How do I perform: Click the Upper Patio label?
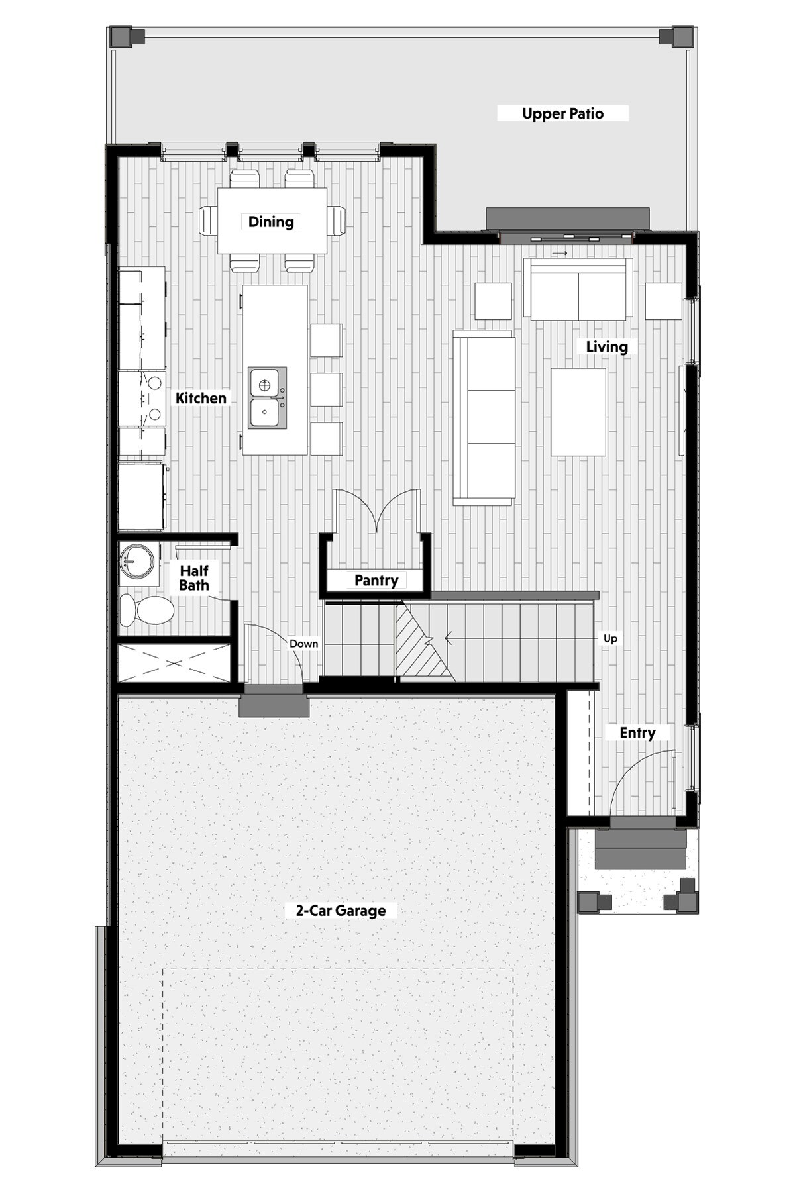coord(562,114)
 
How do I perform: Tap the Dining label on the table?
coord(271,222)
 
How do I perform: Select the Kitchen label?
coord(201,398)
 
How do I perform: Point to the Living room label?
coord(607,346)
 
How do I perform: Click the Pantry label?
coord(376,581)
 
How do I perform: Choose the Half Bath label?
coord(194,578)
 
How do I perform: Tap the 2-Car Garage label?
coord(341,911)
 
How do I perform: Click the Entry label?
coord(637,733)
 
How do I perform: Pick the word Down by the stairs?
coord(303,644)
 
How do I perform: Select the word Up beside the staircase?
coord(610,638)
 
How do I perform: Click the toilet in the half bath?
coord(146,609)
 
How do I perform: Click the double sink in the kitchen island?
coord(268,397)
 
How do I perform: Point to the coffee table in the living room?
coord(578,412)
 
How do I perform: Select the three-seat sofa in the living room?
coord(484,417)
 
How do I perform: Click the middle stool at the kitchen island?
coord(326,389)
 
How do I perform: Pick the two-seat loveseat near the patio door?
coord(578,289)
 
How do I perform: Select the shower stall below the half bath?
coord(174,662)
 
